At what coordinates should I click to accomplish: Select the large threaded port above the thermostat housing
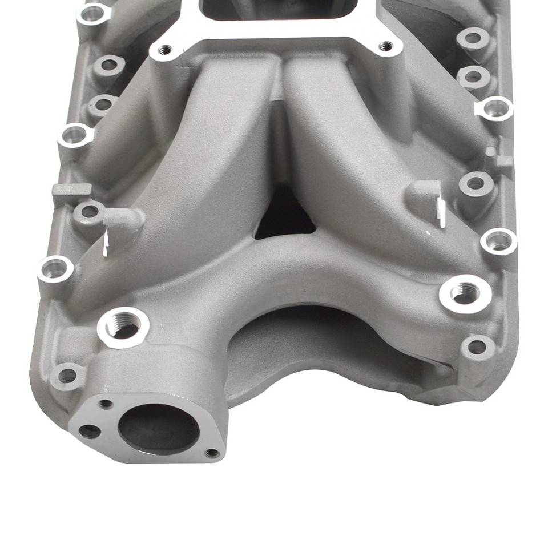pos(123,327)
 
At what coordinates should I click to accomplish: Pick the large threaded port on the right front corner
pos(465,293)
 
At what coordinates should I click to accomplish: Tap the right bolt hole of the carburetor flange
pos(386,46)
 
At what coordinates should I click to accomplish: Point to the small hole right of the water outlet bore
pos(212,453)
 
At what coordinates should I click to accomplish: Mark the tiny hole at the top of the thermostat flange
pos(106,404)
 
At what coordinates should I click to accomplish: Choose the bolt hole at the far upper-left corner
pos(92,14)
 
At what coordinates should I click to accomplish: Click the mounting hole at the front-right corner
pos(476,346)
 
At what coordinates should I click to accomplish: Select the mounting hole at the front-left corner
pos(67,375)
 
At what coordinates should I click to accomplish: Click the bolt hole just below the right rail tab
pos(475,183)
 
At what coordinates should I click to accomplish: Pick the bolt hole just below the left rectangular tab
pos(89,212)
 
